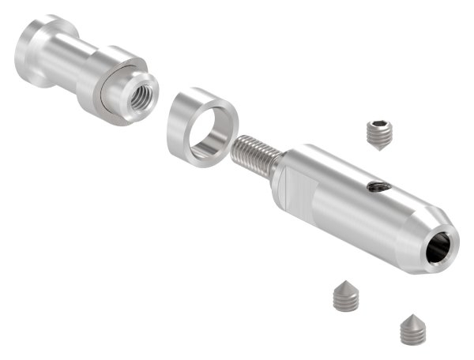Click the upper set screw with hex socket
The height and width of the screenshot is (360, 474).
[x=381, y=134]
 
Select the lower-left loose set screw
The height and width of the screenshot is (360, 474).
[x=344, y=296]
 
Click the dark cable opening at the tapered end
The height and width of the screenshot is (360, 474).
[x=441, y=249]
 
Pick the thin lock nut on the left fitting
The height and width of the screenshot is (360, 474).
[x=111, y=99]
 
